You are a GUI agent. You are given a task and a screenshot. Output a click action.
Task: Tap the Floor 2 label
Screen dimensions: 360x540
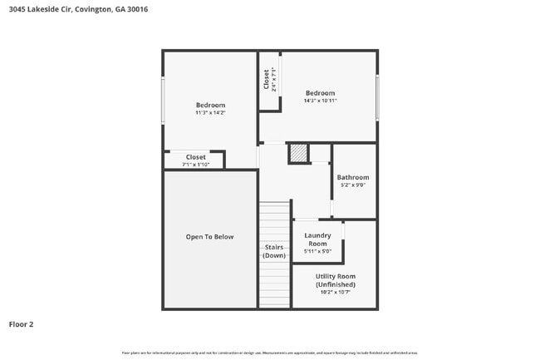tap(21, 324)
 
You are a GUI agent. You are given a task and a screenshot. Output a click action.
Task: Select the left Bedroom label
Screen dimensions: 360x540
tap(210, 105)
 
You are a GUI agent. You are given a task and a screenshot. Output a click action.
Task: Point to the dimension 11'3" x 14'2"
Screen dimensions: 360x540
tap(210, 112)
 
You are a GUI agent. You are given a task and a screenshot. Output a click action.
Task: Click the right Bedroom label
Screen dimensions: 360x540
tap(320, 93)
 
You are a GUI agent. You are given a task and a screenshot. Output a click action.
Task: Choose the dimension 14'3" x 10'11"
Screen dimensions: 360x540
tap(320, 101)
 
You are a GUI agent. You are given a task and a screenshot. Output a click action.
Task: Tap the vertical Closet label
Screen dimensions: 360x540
tap(267, 79)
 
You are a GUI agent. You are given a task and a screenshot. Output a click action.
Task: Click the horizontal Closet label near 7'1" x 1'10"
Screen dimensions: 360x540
tap(195, 156)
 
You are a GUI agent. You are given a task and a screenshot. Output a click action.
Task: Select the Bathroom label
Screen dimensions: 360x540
tap(353, 177)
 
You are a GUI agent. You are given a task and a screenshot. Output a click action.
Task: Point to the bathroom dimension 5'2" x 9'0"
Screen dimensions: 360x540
tap(353, 185)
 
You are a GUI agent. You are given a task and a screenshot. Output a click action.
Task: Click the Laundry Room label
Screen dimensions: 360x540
tap(317, 239)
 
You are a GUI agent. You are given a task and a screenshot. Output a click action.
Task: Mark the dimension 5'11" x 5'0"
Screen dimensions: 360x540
tap(317, 251)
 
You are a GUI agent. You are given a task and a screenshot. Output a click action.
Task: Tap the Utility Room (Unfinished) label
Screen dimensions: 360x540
tap(336, 280)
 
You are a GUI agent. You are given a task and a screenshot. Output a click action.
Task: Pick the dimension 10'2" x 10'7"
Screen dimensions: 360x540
tap(336, 292)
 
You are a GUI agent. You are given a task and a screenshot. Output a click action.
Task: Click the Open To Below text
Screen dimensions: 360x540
tap(209, 237)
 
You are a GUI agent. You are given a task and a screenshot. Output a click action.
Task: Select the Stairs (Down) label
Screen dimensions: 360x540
tap(274, 251)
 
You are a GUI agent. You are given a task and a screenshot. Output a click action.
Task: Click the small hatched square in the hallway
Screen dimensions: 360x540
tap(297, 153)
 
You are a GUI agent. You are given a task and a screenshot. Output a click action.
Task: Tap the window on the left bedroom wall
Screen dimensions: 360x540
tap(163, 101)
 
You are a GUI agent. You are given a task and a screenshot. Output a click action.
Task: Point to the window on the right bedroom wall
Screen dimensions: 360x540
tap(377, 97)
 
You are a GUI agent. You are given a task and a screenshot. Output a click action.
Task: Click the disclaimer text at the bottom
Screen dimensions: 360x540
tap(270, 353)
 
